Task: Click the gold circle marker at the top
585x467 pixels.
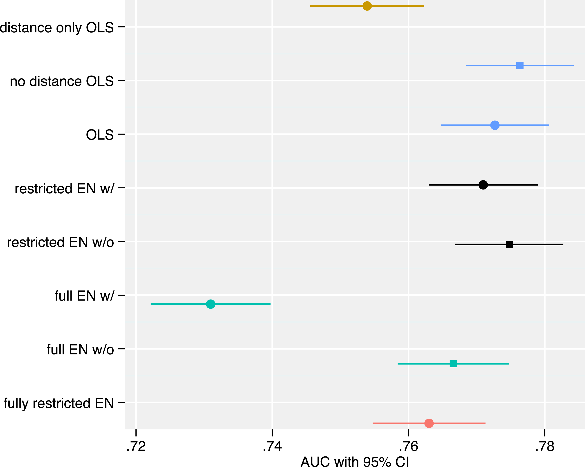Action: tap(367, 6)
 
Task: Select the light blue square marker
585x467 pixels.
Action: tap(520, 66)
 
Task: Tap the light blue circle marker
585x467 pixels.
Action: tap(495, 125)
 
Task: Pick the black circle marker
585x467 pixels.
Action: tap(483, 185)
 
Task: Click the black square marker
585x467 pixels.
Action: tap(509, 244)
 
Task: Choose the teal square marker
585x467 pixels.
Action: tap(453, 364)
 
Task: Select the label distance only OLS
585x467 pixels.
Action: tap(57, 28)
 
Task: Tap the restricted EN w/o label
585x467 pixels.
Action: tap(60, 242)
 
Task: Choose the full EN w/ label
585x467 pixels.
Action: tap(84, 296)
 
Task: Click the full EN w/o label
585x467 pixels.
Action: tap(80, 349)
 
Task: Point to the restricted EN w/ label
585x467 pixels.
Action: tap(65, 188)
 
